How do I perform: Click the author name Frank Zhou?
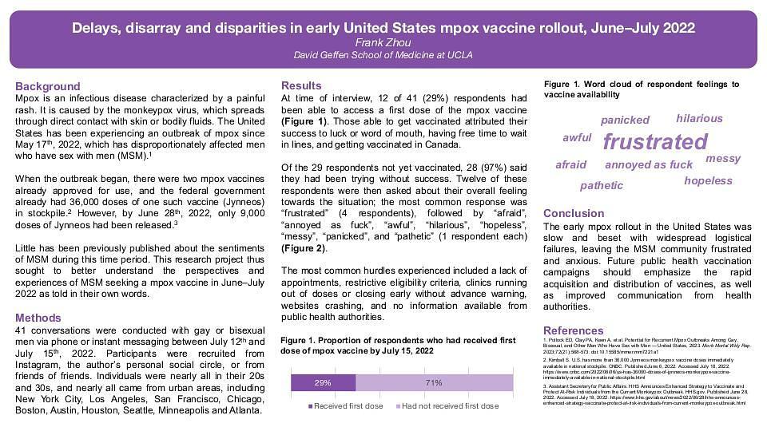[x=383, y=42]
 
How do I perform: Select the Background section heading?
[x=48, y=86]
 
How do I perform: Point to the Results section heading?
[x=301, y=85]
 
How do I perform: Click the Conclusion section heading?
[x=574, y=213]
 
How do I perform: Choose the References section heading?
[x=574, y=330]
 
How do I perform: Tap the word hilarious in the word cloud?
[x=699, y=119]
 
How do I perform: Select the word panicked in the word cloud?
[x=625, y=121]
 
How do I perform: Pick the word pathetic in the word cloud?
[x=601, y=186]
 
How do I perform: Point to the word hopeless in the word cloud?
[x=708, y=180]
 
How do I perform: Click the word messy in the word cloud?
[x=723, y=159]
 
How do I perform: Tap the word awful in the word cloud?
[x=577, y=138]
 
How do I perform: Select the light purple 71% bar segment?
[x=434, y=383]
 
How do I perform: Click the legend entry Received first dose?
[x=347, y=406]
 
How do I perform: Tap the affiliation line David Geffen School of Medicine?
[x=383, y=55]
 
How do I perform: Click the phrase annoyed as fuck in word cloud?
[x=649, y=165]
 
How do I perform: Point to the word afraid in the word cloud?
[x=570, y=165]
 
